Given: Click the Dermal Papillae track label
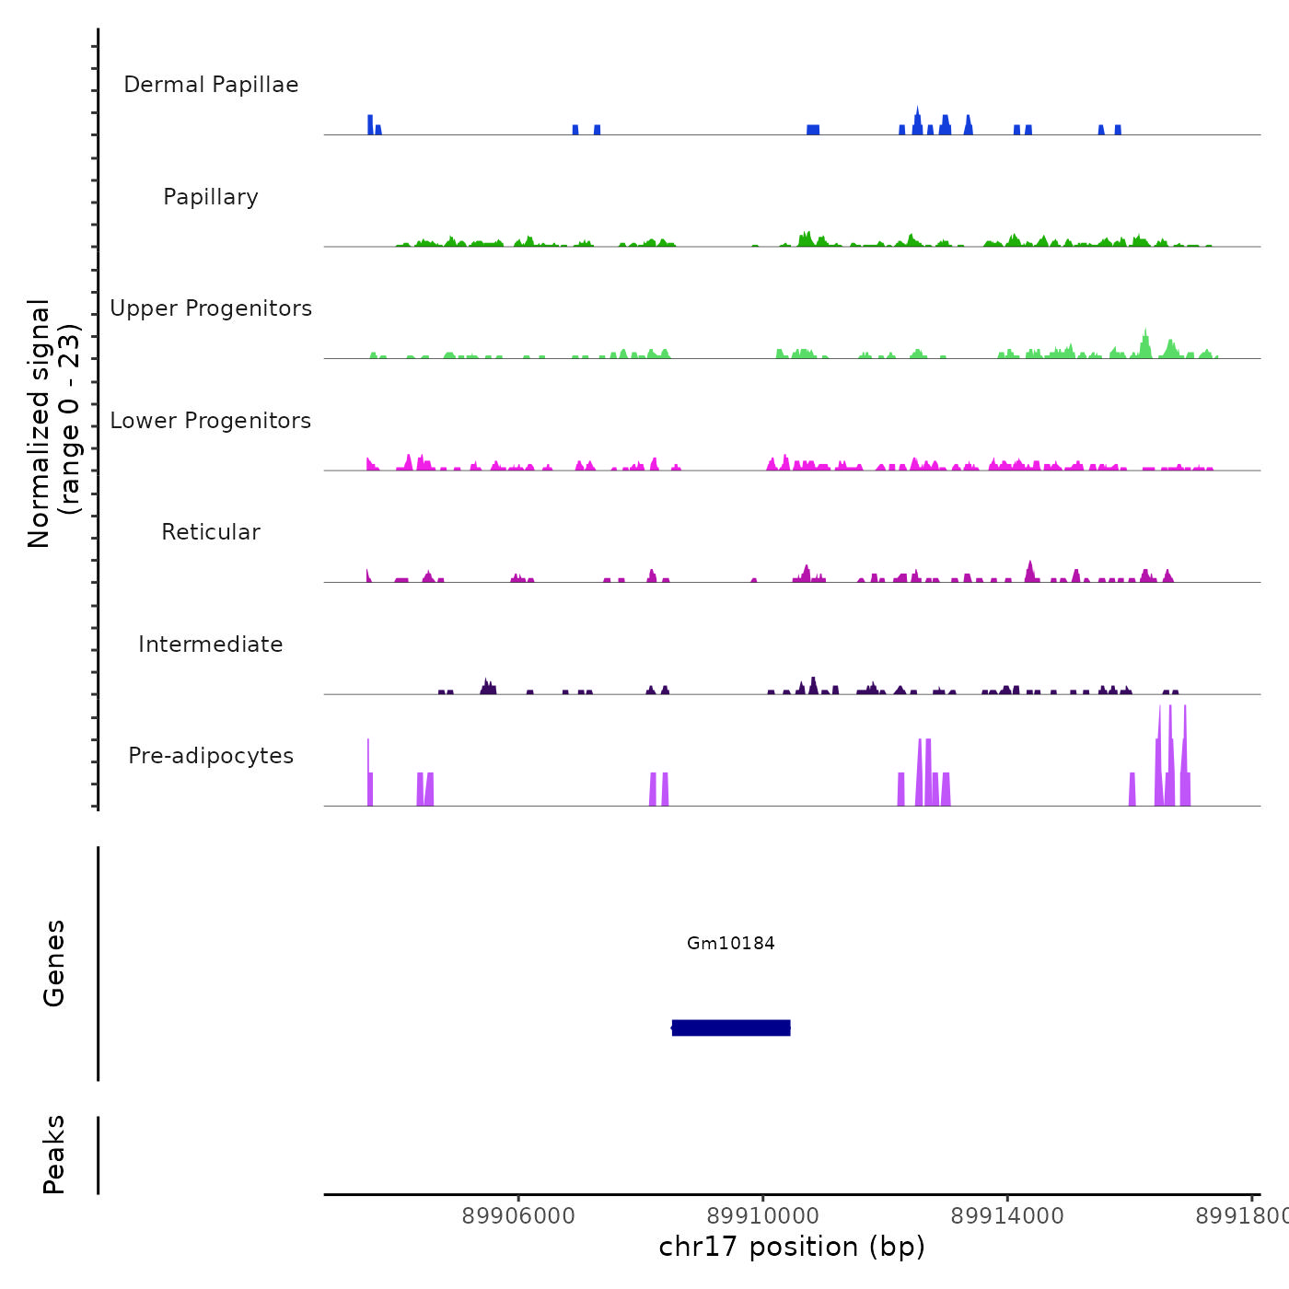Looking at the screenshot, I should (211, 85).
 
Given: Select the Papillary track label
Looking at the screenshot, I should (211, 197).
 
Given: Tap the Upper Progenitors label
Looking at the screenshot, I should (211, 308).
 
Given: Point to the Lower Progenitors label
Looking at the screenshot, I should (211, 421).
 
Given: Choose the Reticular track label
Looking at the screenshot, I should (211, 532).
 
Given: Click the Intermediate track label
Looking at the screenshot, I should (211, 644).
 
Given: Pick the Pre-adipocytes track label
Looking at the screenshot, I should (211, 756).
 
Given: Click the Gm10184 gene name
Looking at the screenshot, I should (731, 944).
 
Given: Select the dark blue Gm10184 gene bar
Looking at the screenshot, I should (731, 1028).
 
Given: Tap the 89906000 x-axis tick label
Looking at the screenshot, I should (518, 1216).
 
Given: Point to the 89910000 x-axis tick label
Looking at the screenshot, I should (763, 1216).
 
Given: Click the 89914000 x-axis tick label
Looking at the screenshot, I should (1007, 1216).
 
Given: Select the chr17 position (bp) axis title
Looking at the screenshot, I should (792, 1247).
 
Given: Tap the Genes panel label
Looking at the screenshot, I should (54, 963).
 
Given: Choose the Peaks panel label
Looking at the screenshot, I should (54, 1155).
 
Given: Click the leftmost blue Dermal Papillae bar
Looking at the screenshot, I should (370, 125).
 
